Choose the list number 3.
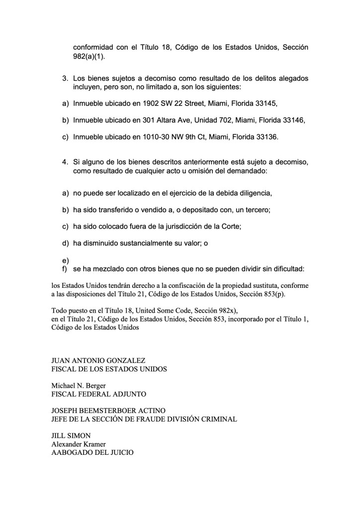point(65,79)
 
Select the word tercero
point(256,210)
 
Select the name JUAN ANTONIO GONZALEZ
point(98,360)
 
